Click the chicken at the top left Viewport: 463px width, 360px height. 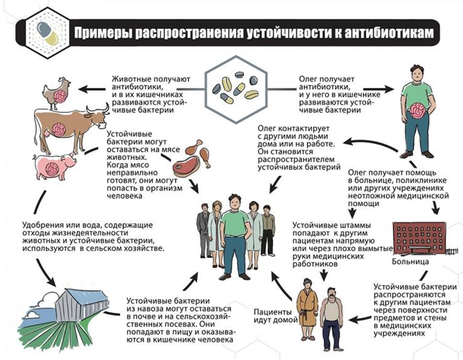(57, 94)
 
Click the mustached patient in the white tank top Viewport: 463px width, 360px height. (332, 319)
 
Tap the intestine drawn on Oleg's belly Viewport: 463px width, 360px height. (418, 111)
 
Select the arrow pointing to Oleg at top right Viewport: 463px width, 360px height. (378, 89)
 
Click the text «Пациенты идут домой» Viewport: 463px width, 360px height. (275, 316)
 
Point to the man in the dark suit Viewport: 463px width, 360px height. (203, 230)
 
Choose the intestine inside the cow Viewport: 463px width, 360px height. (59, 130)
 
